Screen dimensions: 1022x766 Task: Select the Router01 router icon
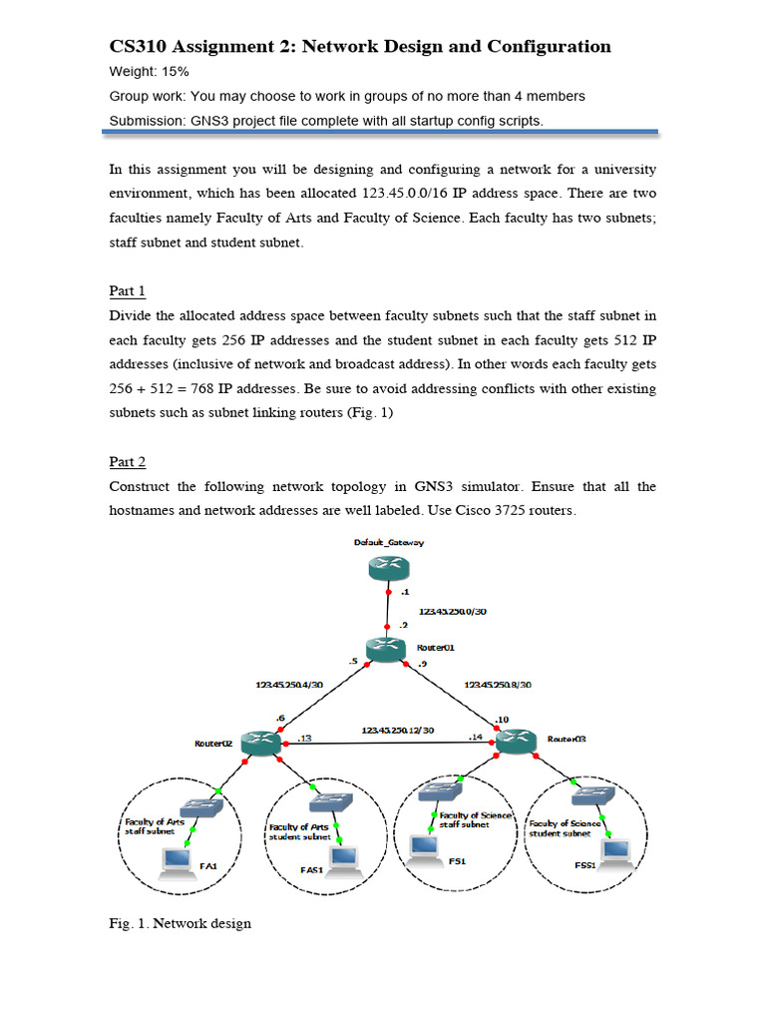tap(387, 650)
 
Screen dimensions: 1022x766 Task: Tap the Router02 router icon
tap(261, 743)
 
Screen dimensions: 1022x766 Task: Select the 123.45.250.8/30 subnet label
tap(499, 685)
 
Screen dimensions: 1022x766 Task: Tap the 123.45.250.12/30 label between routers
tap(398, 730)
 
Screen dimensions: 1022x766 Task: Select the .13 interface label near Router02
tap(304, 739)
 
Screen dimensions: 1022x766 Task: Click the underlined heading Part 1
tap(127, 290)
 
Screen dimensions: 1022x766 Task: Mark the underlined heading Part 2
tap(127, 461)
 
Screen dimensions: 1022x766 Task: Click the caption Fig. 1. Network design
tap(180, 923)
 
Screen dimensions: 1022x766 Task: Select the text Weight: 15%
tap(149, 72)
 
